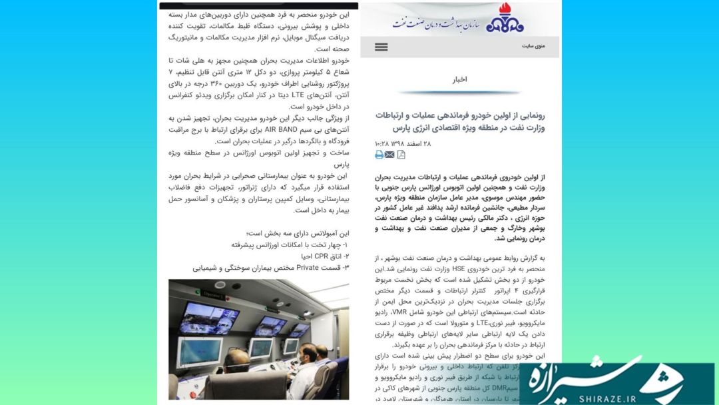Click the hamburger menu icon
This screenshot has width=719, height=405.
point(381,47)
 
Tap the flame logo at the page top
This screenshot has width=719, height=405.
point(505,19)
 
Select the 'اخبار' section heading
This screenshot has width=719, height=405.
point(459,79)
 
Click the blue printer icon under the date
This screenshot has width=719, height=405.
point(379,155)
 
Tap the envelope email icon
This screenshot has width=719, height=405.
point(389,155)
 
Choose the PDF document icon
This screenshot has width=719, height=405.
point(401,155)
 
